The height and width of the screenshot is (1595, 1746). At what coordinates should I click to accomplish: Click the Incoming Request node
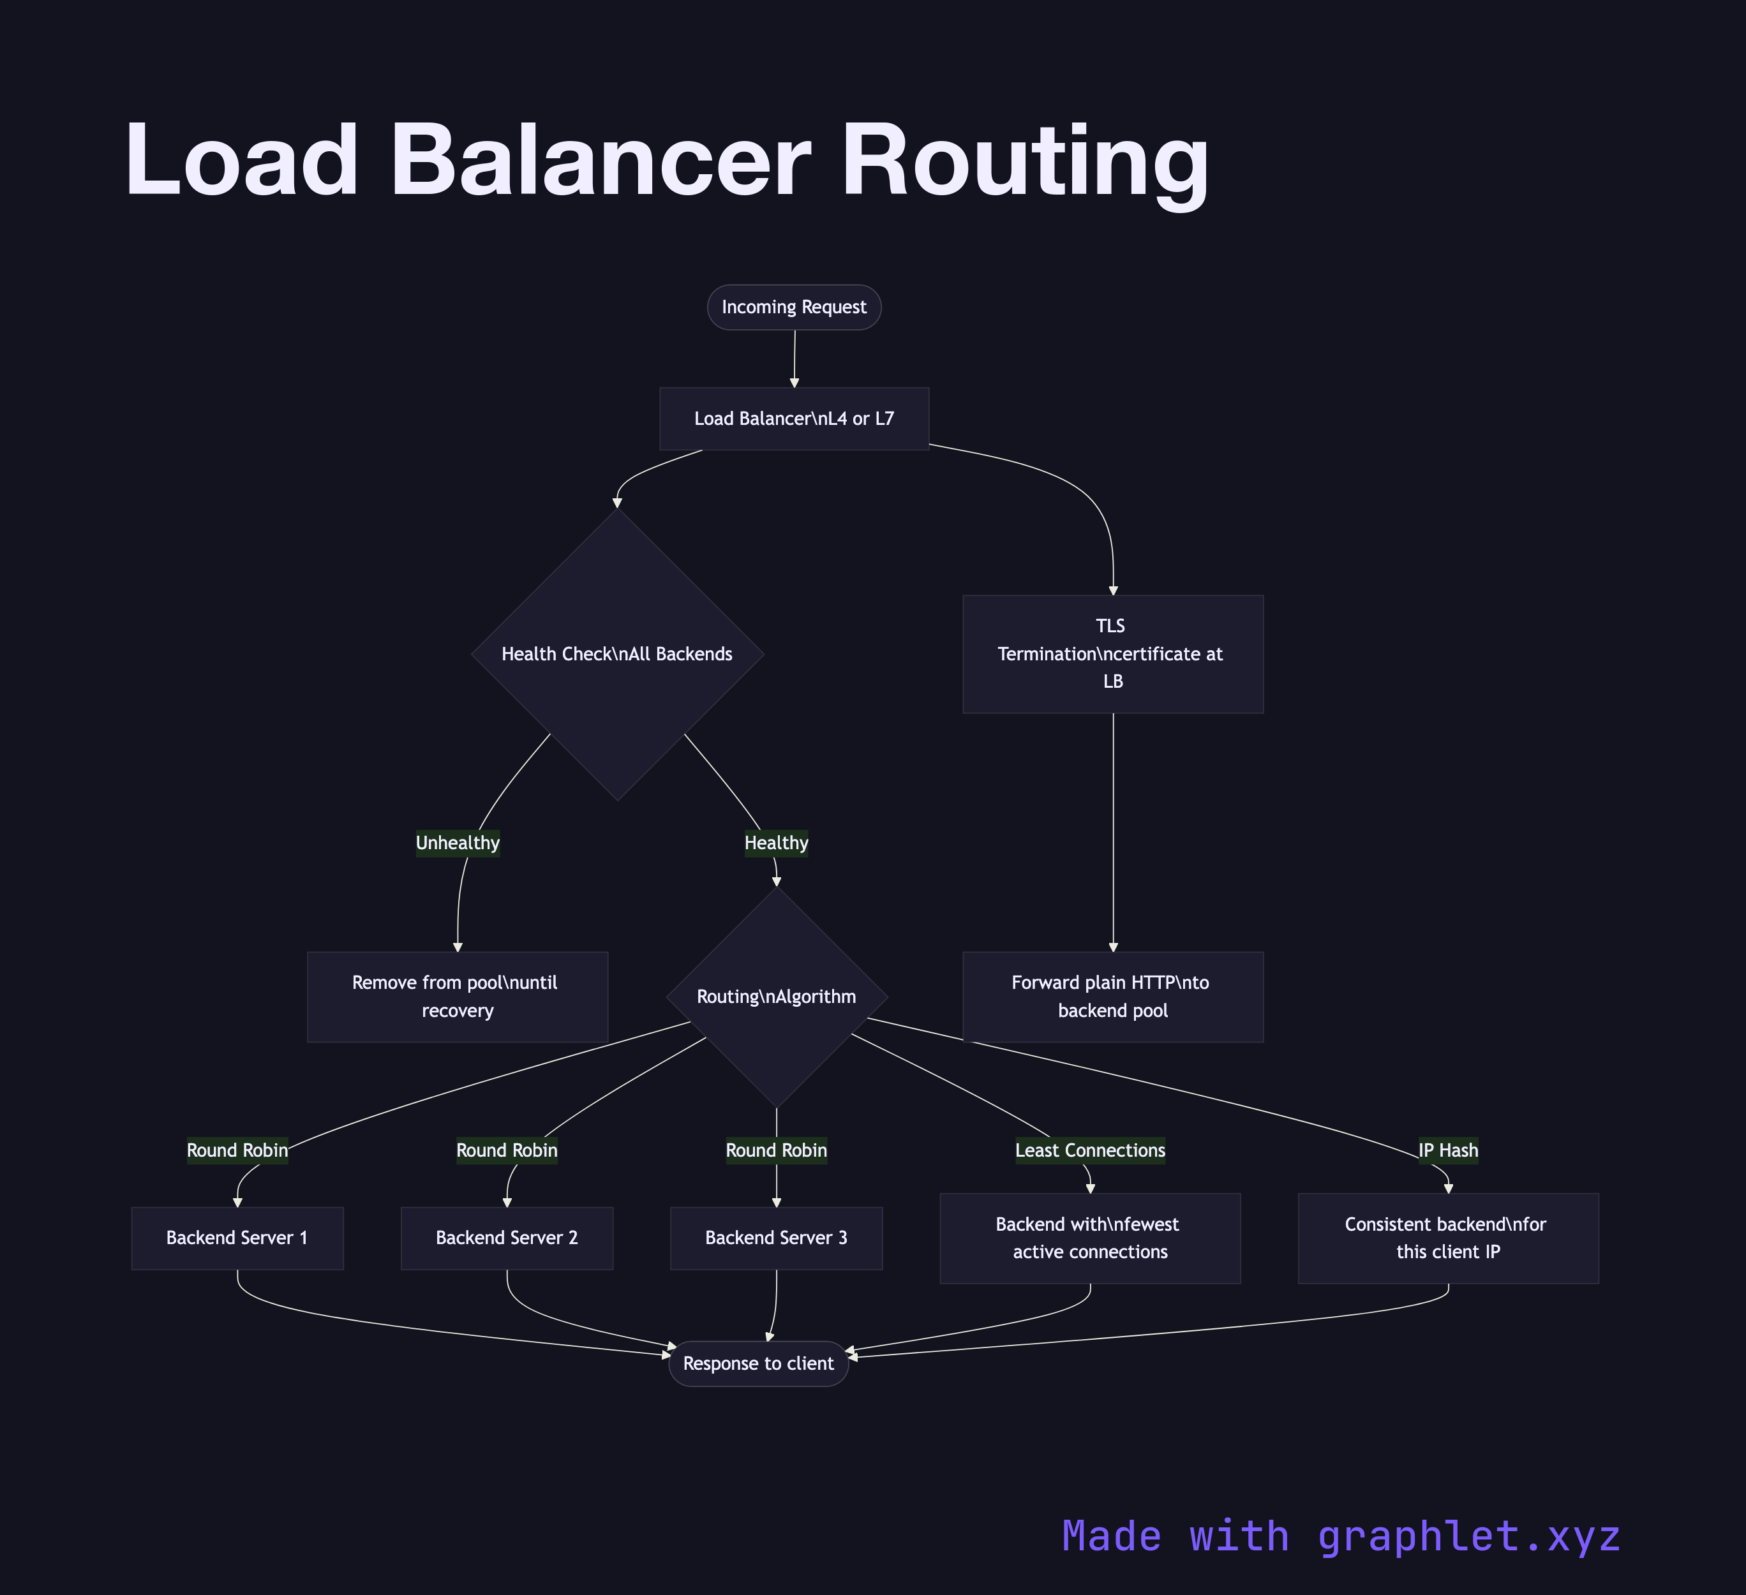793,308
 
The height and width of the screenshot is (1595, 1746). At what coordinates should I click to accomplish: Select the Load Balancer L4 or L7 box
793,419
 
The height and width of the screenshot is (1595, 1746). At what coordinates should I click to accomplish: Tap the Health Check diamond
616,654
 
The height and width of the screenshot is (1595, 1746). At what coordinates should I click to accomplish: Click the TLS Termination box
1112,654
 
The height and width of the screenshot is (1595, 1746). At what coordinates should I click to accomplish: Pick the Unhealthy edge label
458,843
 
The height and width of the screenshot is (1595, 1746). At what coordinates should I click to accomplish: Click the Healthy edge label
776,843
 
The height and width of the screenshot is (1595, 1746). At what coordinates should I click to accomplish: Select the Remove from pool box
458,997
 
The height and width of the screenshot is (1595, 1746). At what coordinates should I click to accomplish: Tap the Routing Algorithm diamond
776,997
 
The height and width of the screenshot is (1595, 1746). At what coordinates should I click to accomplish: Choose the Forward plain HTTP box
1112,997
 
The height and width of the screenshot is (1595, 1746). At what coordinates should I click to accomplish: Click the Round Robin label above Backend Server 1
237,1150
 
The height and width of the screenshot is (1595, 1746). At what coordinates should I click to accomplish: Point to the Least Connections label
1089,1150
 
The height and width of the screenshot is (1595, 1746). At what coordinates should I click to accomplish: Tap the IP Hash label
1448,1150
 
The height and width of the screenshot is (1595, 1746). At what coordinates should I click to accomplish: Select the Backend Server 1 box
237,1238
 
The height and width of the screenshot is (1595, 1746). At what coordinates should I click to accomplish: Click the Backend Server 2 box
507,1238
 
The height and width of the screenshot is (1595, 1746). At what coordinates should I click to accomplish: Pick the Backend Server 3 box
776,1238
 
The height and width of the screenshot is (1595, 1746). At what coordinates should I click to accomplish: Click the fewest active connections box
1089,1238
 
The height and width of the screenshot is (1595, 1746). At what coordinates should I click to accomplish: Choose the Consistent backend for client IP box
1448,1238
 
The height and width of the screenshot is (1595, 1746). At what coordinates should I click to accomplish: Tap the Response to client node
758,1364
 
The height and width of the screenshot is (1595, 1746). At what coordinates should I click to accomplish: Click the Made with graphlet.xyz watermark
1341,1536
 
